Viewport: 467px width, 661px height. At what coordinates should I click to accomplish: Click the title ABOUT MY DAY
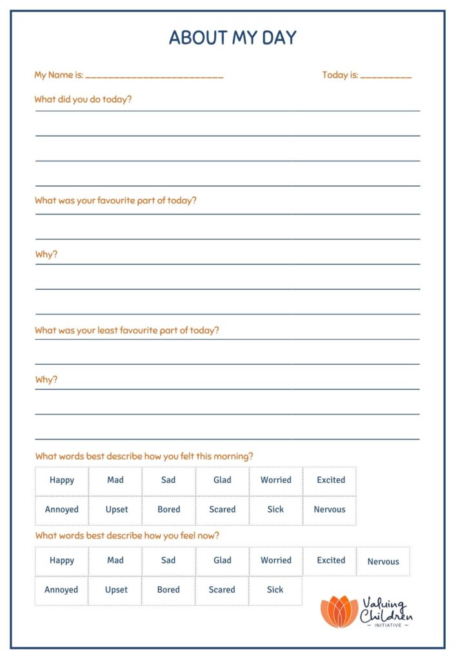click(233, 37)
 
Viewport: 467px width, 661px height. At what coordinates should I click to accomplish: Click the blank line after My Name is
click(154, 76)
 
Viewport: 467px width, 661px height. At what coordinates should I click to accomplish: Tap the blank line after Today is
click(386, 76)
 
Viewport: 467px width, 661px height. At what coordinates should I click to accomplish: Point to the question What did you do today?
click(83, 99)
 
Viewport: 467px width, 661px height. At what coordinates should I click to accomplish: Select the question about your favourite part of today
click(115, 200)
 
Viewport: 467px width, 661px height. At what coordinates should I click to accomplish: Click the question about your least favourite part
click(127, 330)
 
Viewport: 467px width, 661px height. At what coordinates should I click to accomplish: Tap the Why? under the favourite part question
click(46, 254)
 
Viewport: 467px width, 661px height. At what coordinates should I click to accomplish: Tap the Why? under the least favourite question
click(46, 380)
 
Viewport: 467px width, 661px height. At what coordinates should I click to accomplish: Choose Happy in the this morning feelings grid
click(62, 480)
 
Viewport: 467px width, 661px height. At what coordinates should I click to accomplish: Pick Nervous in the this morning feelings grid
click(330, 509)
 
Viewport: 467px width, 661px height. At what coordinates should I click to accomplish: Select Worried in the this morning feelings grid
click(276, 480)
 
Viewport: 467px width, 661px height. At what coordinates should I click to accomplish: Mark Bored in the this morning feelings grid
click(169, 509)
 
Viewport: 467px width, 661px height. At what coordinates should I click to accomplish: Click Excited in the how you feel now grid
click(331, 560)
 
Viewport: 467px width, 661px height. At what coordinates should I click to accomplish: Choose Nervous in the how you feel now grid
click(383, 562)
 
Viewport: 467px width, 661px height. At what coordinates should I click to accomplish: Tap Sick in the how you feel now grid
click(275, 589)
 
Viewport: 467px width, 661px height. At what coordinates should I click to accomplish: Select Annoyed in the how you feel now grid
click(61, 589)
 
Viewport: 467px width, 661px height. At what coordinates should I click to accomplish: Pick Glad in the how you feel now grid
click(223, 560)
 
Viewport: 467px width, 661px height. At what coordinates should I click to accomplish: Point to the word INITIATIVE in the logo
click(387, 625)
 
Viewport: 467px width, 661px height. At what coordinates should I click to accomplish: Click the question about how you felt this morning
click(144, 456)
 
